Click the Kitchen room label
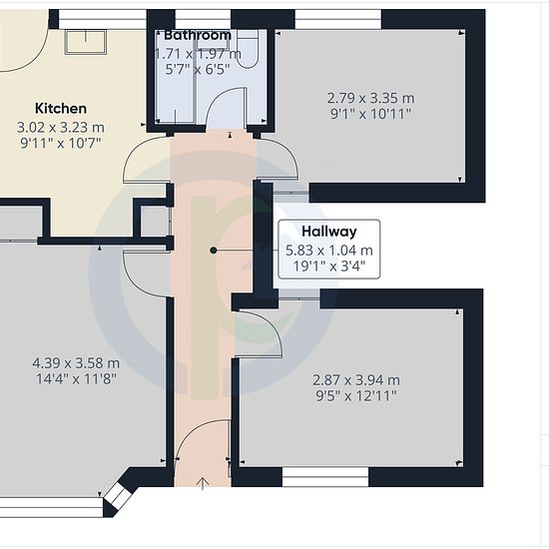tap(61, 109)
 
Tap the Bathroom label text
tap(198, 35)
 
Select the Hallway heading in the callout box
tap(329, 232)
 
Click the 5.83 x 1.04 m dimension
tap(329, 251)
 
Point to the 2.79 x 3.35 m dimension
tap(370, 98)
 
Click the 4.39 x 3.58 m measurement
tap(76, 363)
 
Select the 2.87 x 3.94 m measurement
tap(356, 380)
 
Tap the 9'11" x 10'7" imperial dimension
tap(61, 143)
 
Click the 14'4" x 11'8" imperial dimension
tap(76, 379)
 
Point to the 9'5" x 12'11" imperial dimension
tap(356, 396)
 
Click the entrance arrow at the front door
tap(203, 483)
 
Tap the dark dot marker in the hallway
tap(214, 250)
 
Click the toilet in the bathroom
tap(248, 48)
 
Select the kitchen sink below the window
tap(86, 42)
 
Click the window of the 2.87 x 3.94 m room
tap(325, 477)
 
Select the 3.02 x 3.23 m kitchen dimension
tap(61, 127)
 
